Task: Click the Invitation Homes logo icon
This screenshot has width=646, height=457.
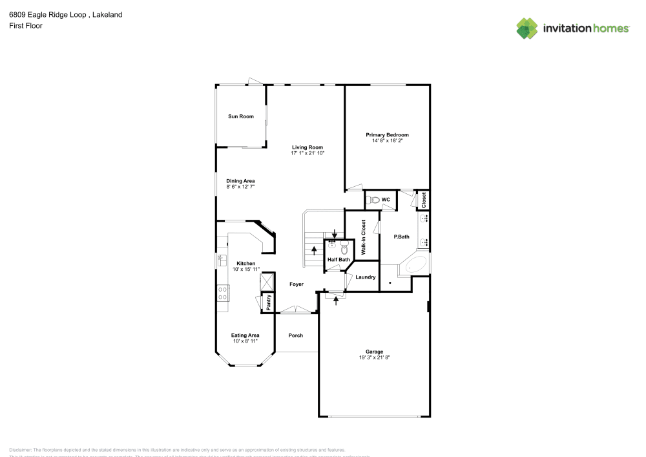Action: click(x=526, y=28)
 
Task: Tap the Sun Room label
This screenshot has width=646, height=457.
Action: click(x=240, y=116)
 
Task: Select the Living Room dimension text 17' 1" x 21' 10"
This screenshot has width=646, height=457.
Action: click(x=307, y=153)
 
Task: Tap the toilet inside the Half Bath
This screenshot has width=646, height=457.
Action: click(x=345, y=246)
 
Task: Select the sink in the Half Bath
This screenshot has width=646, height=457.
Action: click(x=332, y=244)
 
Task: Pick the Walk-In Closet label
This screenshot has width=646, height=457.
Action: click(x=364, y=235)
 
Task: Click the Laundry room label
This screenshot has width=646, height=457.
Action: click(x=366, y=277)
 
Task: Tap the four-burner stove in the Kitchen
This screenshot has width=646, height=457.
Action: click(x=223, y=293)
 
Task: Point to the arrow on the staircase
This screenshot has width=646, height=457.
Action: click(x=315, y=250)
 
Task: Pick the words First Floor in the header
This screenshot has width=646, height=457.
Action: click(x=26, y=26)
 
